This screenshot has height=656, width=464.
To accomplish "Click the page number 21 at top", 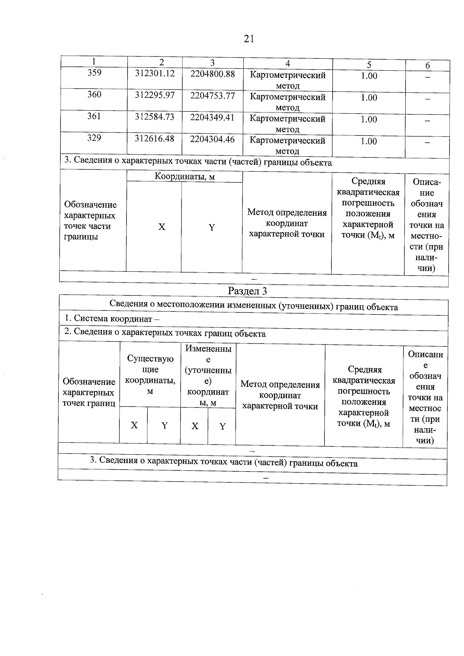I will coord(249,39).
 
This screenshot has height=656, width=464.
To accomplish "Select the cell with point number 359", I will coord(94,73).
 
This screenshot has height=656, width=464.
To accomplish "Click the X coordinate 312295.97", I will coord(155,95).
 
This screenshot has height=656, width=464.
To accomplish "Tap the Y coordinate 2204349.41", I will coord(212,117).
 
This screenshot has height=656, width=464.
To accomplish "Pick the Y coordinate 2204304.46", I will coord(212,139).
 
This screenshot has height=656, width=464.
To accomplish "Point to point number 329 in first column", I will coord(94,138).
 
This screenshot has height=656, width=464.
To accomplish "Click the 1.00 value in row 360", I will coord(369,98).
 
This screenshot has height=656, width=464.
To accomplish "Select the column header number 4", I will coord(288,64).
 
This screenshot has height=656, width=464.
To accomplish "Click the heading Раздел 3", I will coord(247,291).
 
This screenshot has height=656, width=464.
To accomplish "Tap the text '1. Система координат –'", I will coord(112,319).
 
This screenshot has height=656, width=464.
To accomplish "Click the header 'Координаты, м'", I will coord(184,177).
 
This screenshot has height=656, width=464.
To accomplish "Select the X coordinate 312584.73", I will coord(154,117).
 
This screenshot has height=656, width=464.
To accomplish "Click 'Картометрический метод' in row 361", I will coord(287,124).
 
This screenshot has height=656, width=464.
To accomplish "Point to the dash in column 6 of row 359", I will coord(428,77).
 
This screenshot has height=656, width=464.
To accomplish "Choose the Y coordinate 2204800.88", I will coord(212,73).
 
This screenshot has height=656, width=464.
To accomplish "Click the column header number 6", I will coord(428,66).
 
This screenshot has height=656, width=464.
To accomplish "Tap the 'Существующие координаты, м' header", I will coord(150,375).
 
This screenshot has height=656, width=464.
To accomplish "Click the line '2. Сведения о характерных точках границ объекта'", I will coord(165,333).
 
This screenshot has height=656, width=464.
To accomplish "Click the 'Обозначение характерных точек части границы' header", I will coord(90,221).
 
